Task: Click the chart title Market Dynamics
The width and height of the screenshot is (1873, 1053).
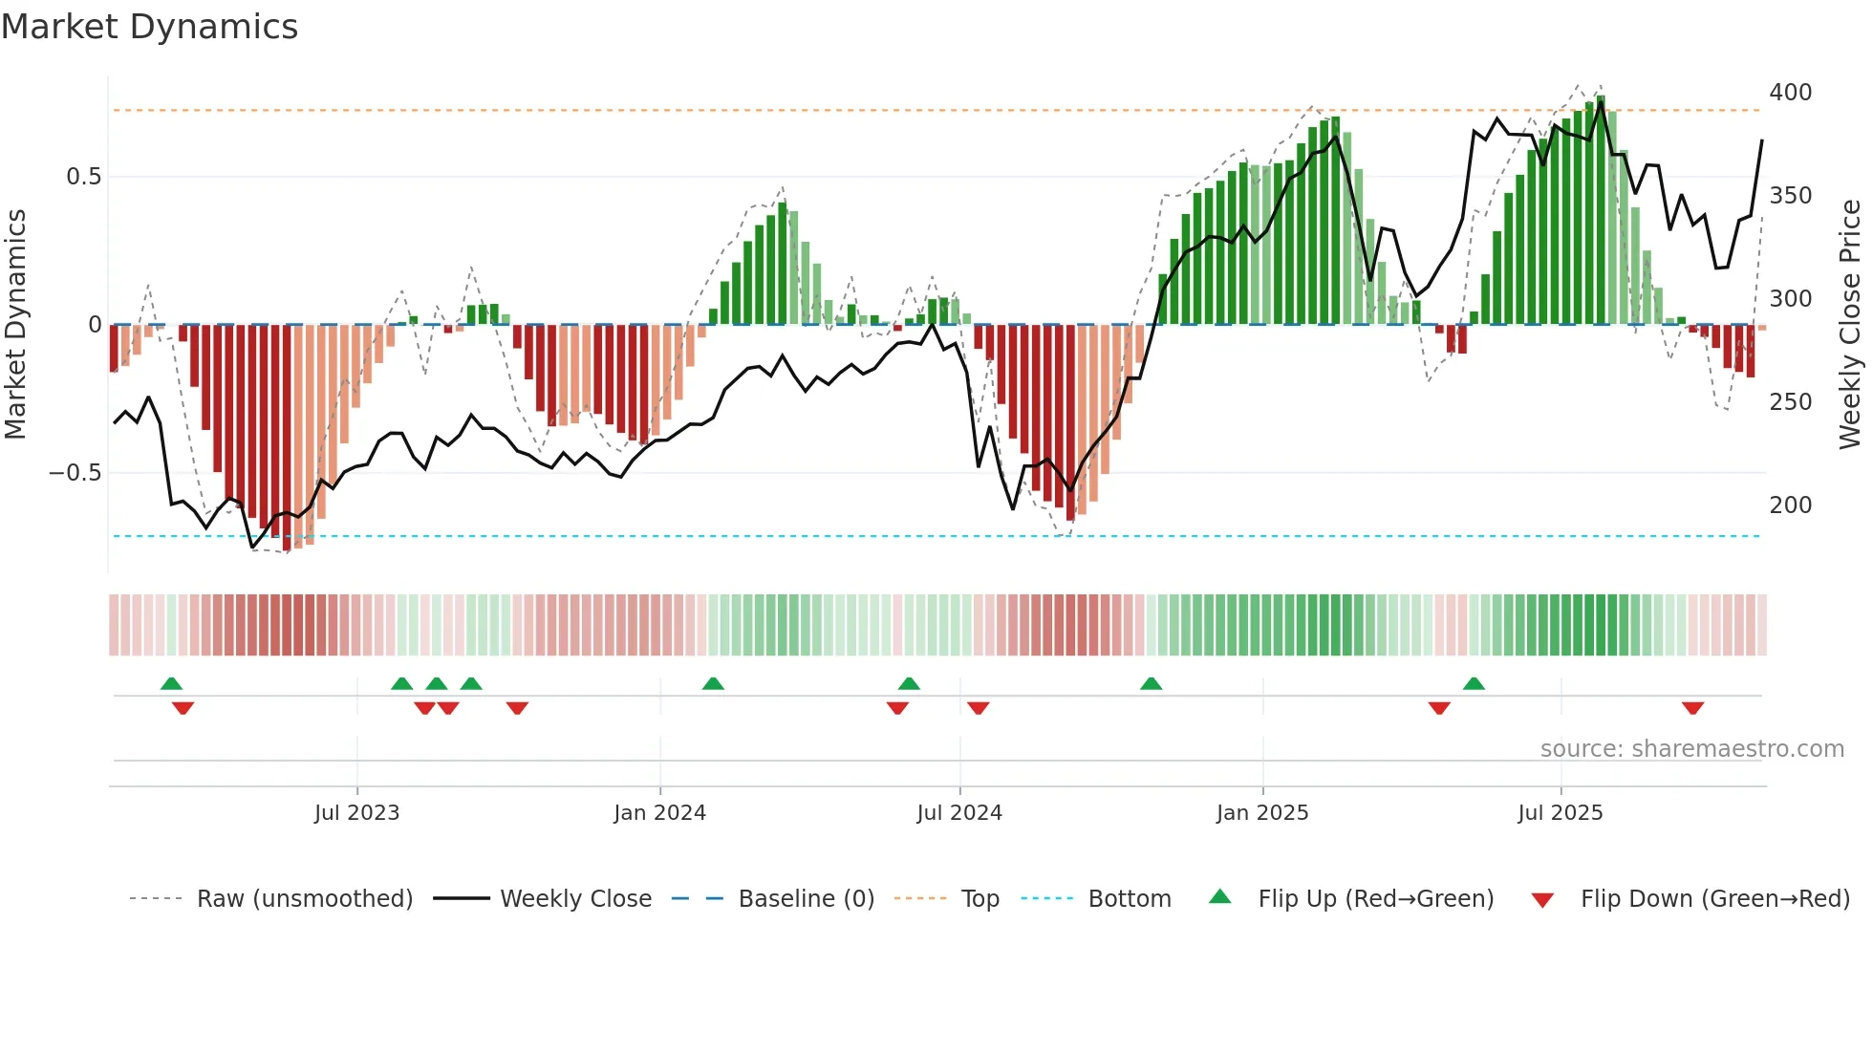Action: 149,27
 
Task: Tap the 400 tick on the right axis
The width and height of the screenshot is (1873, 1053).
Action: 1790,93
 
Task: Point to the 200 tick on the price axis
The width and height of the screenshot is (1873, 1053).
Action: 1790,505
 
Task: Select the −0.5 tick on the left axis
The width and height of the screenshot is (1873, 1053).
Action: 75,474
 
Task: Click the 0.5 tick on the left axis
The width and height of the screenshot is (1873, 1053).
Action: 83,177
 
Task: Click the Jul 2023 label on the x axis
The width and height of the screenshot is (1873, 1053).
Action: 356,813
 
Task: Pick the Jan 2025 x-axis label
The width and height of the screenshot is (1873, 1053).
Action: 1261,813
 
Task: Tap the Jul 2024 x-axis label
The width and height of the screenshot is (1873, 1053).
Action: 958,813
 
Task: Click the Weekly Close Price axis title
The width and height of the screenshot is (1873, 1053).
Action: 1850,325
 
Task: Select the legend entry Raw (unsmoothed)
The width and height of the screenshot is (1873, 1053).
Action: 304,899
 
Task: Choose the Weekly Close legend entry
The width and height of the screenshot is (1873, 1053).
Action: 575,899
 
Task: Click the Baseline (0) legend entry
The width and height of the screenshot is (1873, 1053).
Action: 806,899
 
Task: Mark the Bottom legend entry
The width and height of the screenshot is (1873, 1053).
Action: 1129,899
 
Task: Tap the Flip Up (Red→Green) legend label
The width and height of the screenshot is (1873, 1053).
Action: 1375,899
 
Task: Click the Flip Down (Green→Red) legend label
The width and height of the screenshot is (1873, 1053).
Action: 1714,899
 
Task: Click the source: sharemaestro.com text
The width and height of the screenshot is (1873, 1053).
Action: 1691,749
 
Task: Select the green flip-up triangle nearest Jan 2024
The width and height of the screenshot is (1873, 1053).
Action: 713,683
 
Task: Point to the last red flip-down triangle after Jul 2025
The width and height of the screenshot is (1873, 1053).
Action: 1692,708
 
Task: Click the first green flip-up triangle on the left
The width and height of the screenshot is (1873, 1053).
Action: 171,683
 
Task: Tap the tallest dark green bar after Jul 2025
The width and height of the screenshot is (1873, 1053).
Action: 1601,210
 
